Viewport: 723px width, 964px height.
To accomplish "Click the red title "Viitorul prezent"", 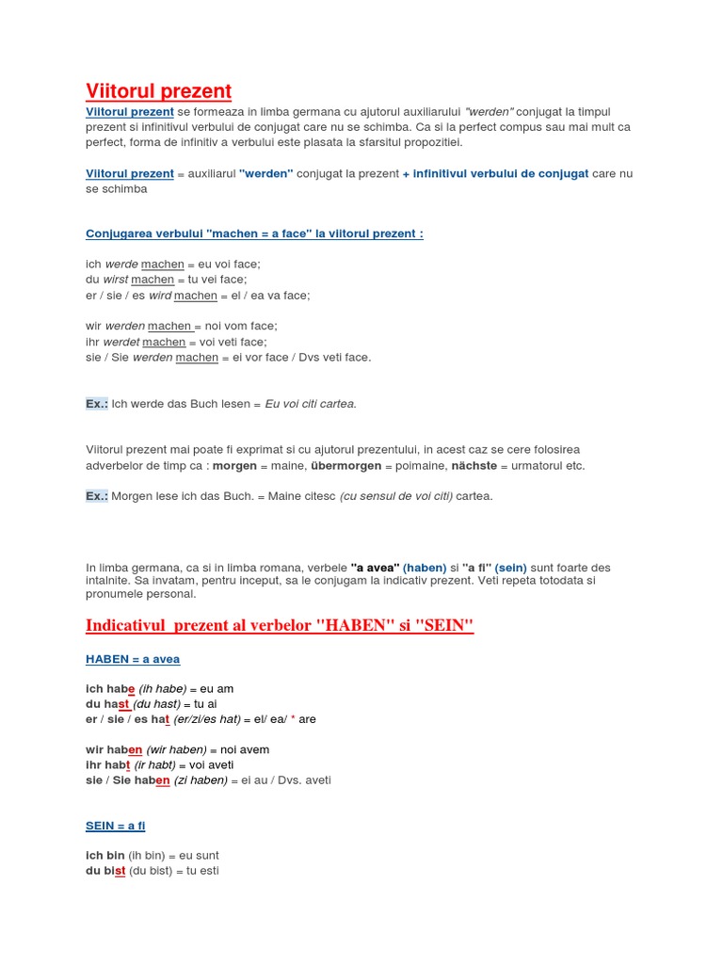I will [x=158, y=91].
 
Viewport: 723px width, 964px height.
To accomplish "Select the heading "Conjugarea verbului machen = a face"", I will [x=254, y=233].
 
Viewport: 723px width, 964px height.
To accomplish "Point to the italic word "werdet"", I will [x=120, y=342].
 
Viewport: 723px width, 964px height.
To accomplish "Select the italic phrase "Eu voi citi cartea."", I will [x=311, y=404].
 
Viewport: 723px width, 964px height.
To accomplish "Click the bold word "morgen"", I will [x=234, y=466].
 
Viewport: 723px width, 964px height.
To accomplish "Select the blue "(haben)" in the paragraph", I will [x=425, y=568].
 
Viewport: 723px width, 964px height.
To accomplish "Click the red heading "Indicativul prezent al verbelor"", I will [x=280, y=626].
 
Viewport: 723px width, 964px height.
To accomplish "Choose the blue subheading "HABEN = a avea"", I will [x=133, y=659].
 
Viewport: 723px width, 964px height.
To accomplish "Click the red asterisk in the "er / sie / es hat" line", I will [x=293, y=719].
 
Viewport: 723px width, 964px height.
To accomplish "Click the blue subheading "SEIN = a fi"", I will [x=116, y=826].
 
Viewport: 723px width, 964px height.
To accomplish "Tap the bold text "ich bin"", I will [x=104, y=856].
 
